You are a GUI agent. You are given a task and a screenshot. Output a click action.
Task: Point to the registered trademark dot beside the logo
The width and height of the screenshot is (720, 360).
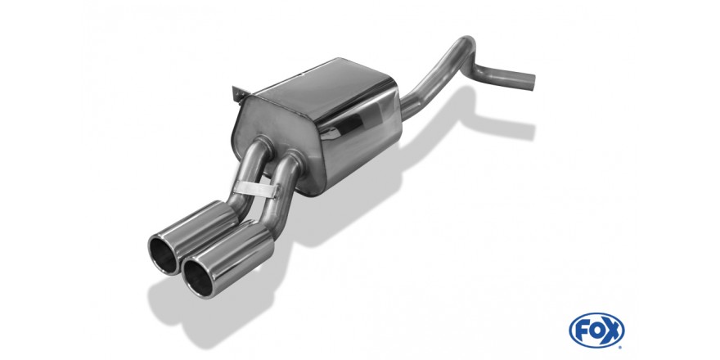(x=621, y=346)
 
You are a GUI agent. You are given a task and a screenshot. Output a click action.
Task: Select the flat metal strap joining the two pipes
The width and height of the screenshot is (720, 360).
(x=255, y=188)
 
